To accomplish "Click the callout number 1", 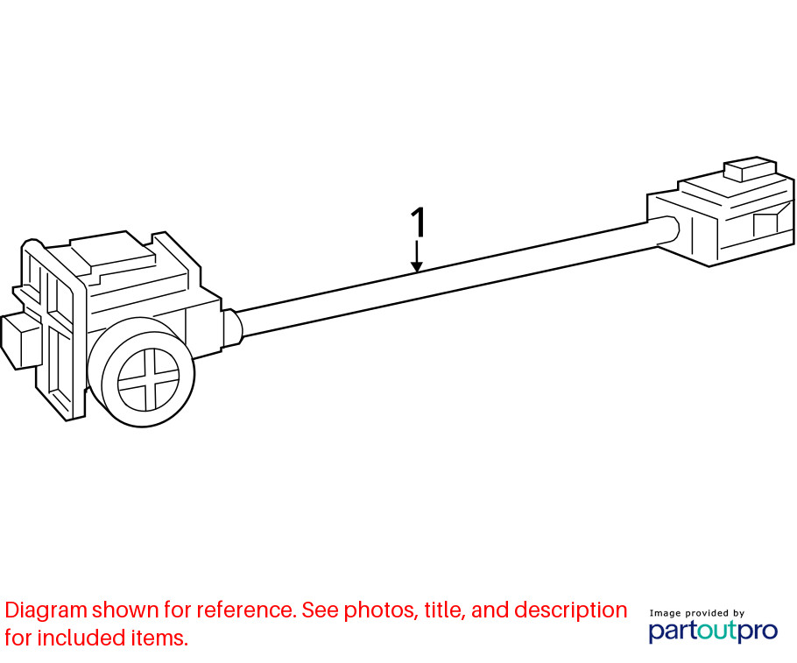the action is [x=418, y=222].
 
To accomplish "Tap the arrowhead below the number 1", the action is [x=417, y=266].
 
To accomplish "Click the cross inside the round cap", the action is [x=148, y=378].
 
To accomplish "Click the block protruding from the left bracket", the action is [x=20, y=341].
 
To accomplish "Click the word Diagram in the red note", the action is [x=46, y=610].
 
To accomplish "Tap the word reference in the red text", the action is [x=246, y=610].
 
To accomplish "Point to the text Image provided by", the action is [x=696, y=613].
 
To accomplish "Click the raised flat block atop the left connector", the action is [x=113, y=252].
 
